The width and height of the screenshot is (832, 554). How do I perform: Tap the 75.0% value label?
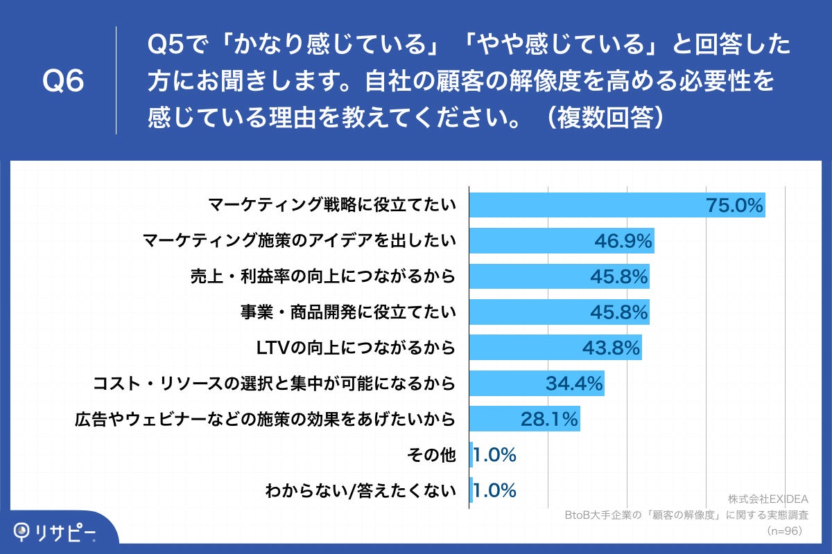pos(735,205)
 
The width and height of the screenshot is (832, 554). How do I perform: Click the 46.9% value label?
pos(623,241)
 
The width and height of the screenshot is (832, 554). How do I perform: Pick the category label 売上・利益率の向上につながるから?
pos(322,276)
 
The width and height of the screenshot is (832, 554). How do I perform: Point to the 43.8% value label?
pos(611,348)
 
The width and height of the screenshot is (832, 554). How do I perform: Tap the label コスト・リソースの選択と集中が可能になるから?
pos(275,383)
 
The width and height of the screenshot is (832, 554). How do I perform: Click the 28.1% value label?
pos(549,418)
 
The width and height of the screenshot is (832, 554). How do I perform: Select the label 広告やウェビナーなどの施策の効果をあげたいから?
pos(265,418)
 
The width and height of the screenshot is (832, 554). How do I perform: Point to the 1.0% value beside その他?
pos(495,455)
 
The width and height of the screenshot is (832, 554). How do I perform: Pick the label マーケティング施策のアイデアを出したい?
pos(299,241)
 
